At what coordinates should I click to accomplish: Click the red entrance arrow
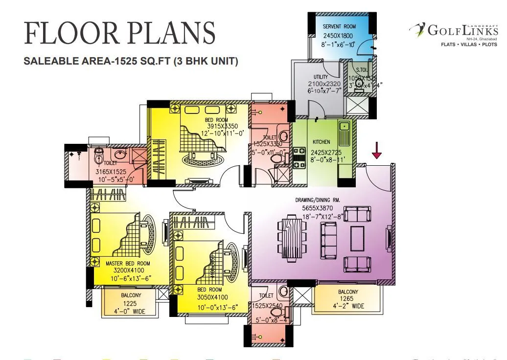[x=376, y=150]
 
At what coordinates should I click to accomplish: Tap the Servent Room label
[x=339, y=26]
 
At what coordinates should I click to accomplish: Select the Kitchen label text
[x=322, y=142]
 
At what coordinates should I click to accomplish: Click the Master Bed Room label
[x=128, y=263]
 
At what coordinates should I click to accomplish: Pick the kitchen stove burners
[x=299, y=158]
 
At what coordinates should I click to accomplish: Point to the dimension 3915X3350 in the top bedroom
[x=216, y=126]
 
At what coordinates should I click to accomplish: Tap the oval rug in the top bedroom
[x=202, y=159]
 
